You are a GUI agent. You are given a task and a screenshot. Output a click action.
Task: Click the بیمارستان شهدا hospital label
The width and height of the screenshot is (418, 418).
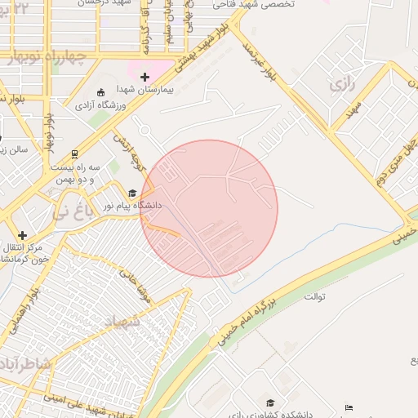pyautogui.click(x=145, y=89)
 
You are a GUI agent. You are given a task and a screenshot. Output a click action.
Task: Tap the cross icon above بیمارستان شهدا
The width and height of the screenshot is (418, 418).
pyautogui.click(x=145, y=77)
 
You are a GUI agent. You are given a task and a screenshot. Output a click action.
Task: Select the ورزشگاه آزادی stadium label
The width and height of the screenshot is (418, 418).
pyautogui.click(x=101, y=104)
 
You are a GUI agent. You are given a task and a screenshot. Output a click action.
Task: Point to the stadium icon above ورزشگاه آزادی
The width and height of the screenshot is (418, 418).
pyautogui.click(x=100, y=91)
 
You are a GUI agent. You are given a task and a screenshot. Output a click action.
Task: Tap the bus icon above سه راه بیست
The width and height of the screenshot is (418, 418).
pyautogui.click(x=74, y=153)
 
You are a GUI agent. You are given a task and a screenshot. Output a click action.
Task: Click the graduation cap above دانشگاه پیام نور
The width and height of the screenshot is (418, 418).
pyautogui.click(x=131, y=193)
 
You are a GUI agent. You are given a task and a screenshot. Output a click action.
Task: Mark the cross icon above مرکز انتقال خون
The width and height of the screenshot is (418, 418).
pyautogui.click(x=22, y=235)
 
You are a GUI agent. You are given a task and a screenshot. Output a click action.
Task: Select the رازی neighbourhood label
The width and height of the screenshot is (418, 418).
pyautogui.click(x=341, y=85)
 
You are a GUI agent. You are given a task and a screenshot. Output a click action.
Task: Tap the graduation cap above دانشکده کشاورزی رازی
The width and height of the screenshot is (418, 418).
pyautogui.click(x=270, y=402)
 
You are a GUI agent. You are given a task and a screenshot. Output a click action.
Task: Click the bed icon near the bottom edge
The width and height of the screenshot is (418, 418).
pyautogui.click(x=349, y=407)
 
